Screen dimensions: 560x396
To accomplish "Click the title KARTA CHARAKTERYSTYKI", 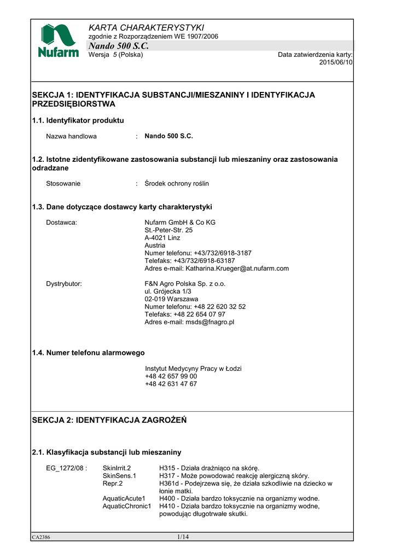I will (146, 27).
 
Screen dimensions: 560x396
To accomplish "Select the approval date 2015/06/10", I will (336, 63).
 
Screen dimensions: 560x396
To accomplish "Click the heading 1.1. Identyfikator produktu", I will (78, 120).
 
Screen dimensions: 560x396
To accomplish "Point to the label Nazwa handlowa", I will (71, 136).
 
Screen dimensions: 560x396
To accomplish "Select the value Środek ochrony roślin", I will (177, 184).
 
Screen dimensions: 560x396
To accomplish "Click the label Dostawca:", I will (61, 223).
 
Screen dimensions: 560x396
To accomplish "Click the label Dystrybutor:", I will (64, 284).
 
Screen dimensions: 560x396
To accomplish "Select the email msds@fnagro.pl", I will (208, 322).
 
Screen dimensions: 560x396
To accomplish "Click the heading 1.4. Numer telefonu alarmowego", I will (89, 353).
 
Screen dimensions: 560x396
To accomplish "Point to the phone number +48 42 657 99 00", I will (171, 376).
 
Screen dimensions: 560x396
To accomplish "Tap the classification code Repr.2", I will (113, 483).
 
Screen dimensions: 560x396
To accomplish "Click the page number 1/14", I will (183, 536).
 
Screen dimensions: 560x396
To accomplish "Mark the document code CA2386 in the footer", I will (41, 538).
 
